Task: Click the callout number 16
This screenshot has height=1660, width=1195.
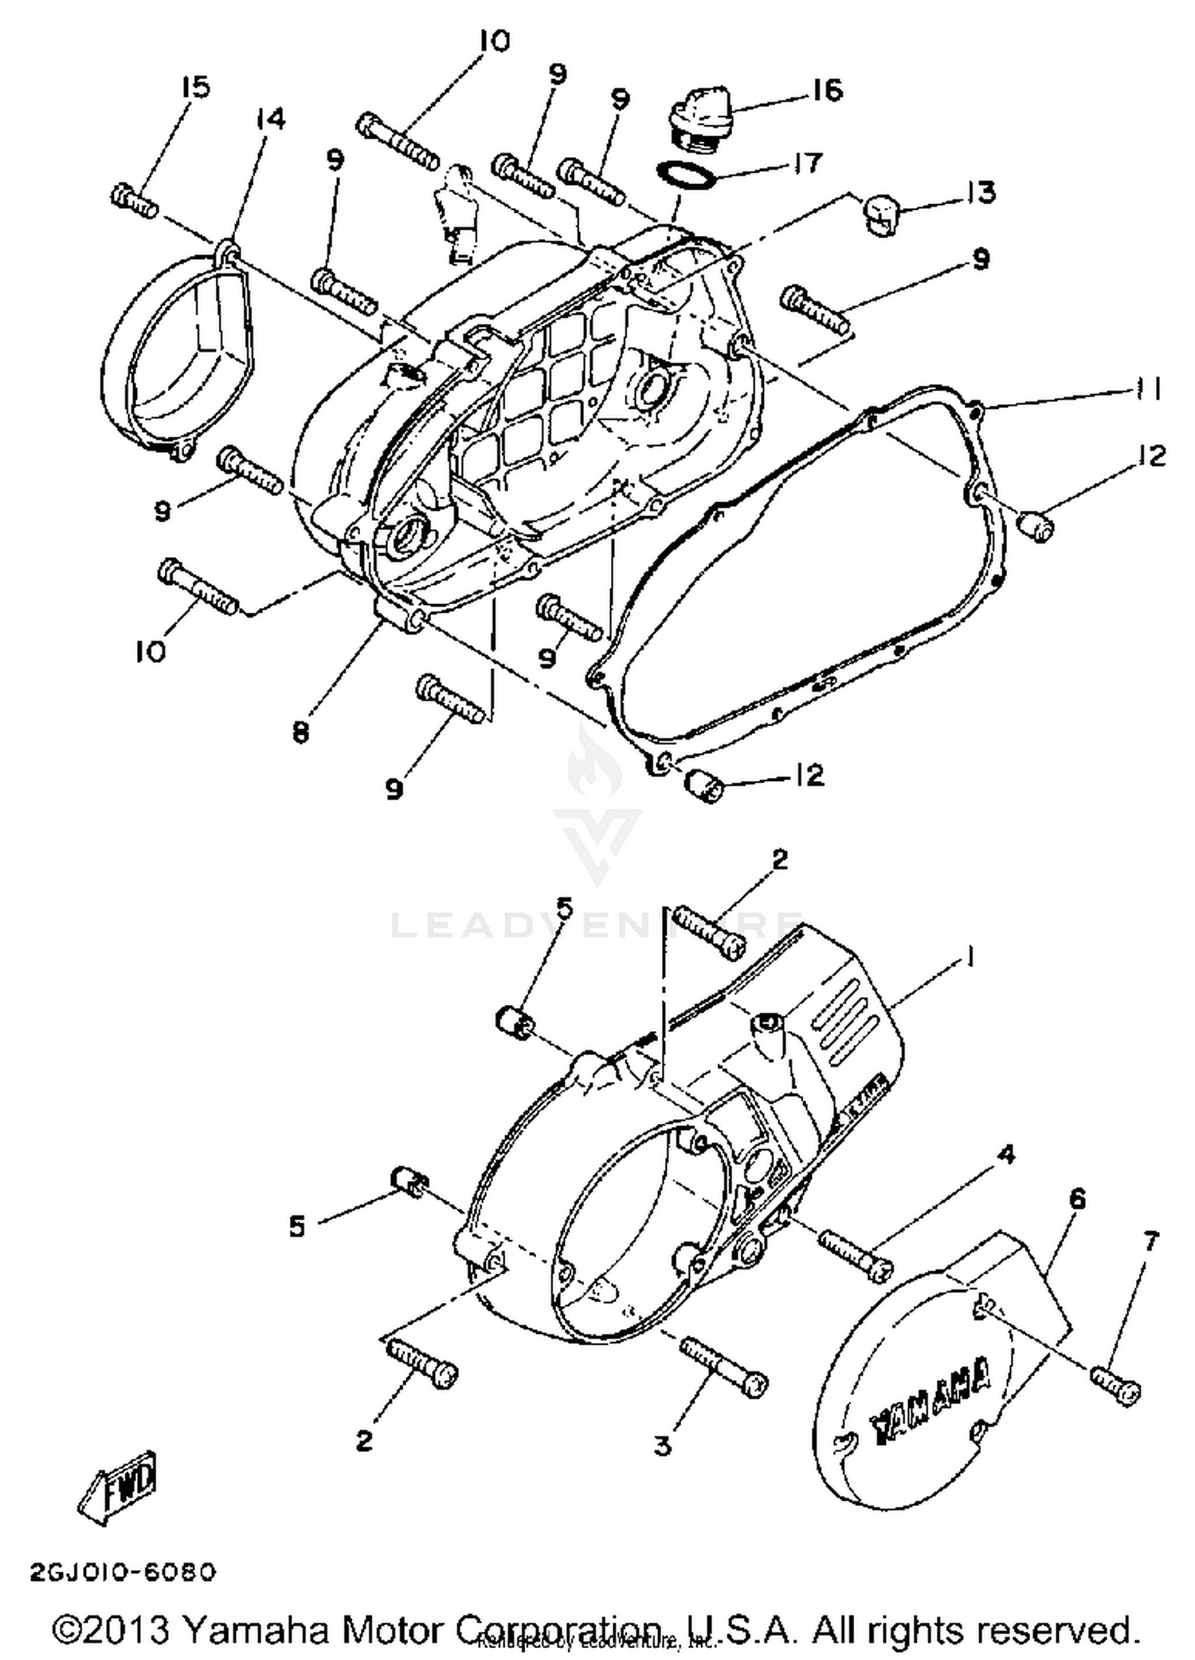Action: coord(828,90)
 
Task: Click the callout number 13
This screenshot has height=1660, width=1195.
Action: coord(981,192)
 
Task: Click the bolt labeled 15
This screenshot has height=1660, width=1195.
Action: coord(133,199)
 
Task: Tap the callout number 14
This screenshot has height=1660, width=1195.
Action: coord(271,120)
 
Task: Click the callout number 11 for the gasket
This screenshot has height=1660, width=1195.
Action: coord(1147,389)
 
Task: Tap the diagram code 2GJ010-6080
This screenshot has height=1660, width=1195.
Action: coord(123,1572)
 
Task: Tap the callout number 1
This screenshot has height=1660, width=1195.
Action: coord(970,957)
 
